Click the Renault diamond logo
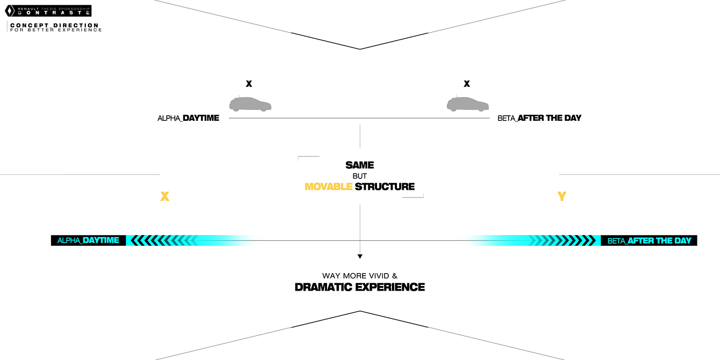click(x=8, y=11)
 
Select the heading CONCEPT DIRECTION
click(x=54, y=25)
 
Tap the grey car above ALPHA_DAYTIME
click(x=250, y=104)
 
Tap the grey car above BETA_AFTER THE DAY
click(x=467, y=104)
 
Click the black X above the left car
click(x=249, y=84)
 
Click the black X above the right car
click(x=467, y=84)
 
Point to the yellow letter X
click(x=165, y=196)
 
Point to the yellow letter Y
click(x=562, y=196)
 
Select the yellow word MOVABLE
click(x=328, y=187)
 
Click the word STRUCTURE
click(x=385, y=187)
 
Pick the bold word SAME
click(x=359, y=166)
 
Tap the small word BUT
click(x=359, y=176)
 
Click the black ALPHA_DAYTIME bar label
click(x=88, y=240)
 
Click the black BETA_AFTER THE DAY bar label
click(x=649, y=241)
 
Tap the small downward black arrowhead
click(x=360, y=256)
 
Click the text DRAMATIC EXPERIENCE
click(x=359, y=287)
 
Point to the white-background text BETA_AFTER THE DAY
click(x=539, y=118)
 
